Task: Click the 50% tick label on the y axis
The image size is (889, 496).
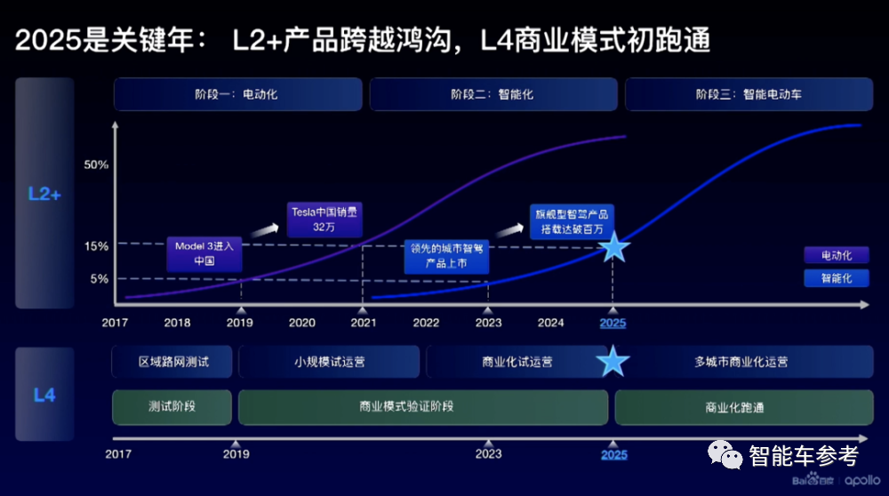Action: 96,165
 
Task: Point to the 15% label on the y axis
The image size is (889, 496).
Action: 96,245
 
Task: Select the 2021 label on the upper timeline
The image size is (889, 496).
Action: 364,324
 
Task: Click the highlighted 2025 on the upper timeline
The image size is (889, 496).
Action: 613,324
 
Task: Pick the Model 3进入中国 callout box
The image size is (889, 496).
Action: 204,254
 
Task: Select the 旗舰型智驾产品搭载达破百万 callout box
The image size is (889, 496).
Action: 572,221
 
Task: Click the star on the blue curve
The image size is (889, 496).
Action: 613,248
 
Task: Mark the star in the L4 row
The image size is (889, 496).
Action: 613,362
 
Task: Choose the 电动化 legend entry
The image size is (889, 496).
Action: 836,256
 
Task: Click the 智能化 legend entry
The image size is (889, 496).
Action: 836,278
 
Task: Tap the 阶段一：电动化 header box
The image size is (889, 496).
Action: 237,94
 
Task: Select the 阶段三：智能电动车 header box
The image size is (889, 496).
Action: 748,94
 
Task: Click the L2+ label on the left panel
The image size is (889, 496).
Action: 44,193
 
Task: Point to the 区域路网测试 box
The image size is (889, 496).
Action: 172,362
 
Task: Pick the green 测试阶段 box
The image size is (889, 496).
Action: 172,407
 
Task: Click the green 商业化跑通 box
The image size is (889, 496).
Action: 734,407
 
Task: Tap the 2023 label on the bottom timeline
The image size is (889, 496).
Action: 488,454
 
